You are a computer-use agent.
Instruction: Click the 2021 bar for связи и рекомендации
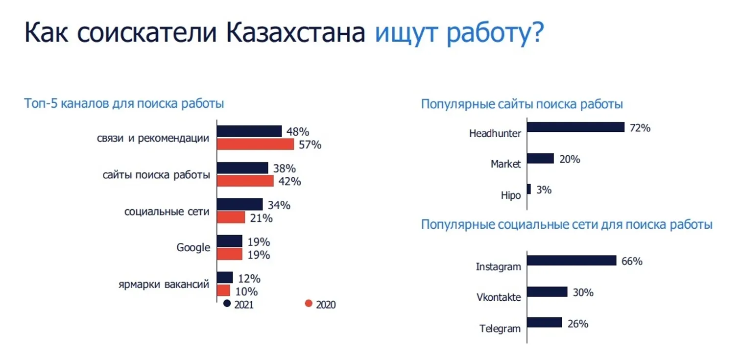point(249,131)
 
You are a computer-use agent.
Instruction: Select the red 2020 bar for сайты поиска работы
point(245,181)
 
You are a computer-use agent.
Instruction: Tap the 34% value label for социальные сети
point(279,205)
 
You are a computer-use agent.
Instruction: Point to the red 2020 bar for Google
point(230,254)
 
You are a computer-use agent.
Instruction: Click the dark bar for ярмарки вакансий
point(225,278)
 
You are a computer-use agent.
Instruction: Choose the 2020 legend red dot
point(309,304)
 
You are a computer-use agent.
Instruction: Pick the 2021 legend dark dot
point(227,304)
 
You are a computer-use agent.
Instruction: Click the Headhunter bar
point(576,127)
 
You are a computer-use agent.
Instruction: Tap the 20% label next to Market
point(570,159)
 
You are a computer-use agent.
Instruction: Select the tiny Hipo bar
point(529,189)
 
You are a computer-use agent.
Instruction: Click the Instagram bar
point(572,261)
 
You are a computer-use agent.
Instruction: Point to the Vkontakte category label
point(499,297)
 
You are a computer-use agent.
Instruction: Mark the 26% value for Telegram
point(578,323)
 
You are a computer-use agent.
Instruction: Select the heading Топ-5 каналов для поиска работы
point(124,104)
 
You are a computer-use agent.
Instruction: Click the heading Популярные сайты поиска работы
point(522,104)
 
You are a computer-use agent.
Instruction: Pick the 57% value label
point(310,144)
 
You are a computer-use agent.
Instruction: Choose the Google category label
point(193,248)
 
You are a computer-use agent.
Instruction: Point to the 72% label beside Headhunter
point(640,128)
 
